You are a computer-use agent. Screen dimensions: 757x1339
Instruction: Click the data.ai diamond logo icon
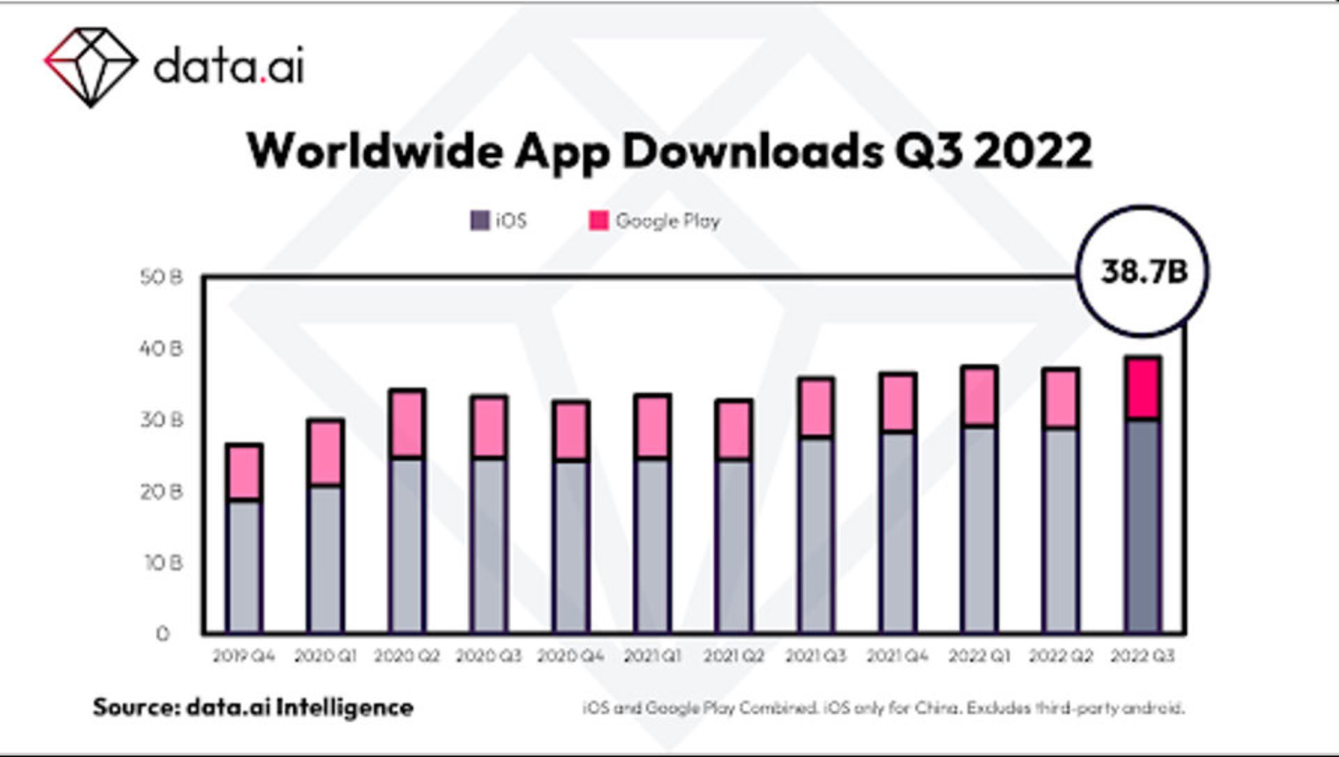pos(90,67)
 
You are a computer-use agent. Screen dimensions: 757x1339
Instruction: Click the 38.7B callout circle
pos(1143,271)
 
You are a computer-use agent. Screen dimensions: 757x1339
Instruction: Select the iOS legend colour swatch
pos(479,221)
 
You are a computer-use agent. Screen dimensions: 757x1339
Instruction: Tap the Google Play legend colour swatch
pos(598,221)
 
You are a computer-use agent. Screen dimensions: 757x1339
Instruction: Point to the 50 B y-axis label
pos(161,277)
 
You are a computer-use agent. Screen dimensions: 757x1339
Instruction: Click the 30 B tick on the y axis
pos(161,420)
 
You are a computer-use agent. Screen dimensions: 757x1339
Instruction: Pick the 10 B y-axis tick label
pos(163,563)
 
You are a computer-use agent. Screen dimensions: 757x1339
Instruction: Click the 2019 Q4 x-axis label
pos(244,656)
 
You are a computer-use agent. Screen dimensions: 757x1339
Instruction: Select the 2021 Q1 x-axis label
pos(652,656)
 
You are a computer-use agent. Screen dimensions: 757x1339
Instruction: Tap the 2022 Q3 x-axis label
pos(1142,656)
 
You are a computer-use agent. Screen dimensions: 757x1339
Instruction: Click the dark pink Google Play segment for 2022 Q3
pos(1143,388)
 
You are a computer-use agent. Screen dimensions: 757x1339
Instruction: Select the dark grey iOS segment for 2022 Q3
pos(1143,526)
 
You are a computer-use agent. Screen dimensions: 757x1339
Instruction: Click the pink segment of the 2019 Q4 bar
pos(244,472)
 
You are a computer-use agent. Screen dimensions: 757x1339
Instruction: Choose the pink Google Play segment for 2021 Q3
pos(816,408)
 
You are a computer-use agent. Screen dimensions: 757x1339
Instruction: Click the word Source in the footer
pos(137,708)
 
